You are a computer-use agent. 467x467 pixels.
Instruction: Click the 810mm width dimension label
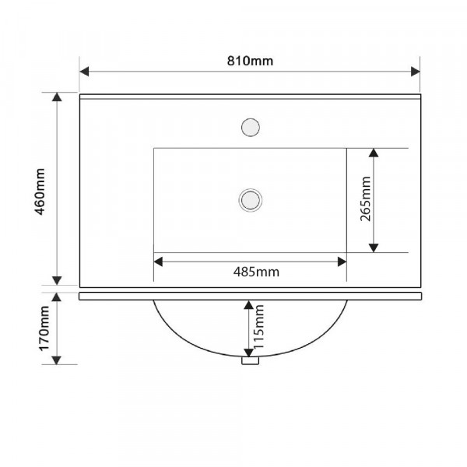(x=250, y=61)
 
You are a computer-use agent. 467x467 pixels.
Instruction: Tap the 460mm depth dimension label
(x=40, y=191)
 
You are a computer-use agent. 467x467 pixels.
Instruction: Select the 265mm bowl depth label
(x=366, y=199)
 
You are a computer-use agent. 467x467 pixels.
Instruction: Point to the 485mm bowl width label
(x=256, y=272)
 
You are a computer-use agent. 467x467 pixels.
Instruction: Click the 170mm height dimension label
(x=44, y=328)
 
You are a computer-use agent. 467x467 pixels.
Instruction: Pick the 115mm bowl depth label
(x=258, y=327)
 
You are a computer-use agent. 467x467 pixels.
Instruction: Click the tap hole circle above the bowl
(x=251, y=128)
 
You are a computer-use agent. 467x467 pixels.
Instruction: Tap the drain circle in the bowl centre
(x=251, y=200)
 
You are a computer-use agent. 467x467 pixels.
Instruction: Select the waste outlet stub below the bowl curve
(x=250, y=360)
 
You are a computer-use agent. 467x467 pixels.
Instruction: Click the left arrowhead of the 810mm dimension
(x=84, y=72)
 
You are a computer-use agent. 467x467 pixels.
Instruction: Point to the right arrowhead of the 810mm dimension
(x=416, y=72)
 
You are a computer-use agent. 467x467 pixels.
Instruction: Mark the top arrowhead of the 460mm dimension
(x=57, y=97)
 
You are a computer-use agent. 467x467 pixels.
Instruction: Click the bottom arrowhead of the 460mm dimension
(x=57, y=280)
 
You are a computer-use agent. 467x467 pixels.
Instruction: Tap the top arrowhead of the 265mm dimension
(x=374, y=153)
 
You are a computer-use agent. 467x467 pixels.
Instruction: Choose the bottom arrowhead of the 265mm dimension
(x=374, y=248)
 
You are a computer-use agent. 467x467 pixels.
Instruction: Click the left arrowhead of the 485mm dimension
(x=158, y=262)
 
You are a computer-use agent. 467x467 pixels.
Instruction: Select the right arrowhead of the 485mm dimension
(x=342, y=262)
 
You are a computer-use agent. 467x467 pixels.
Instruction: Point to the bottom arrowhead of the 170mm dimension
(x=57, y=360)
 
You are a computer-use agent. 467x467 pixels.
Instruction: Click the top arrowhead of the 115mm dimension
(x=249, y=305)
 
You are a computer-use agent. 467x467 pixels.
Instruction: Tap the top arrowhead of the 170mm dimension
(x=57, y=297)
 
